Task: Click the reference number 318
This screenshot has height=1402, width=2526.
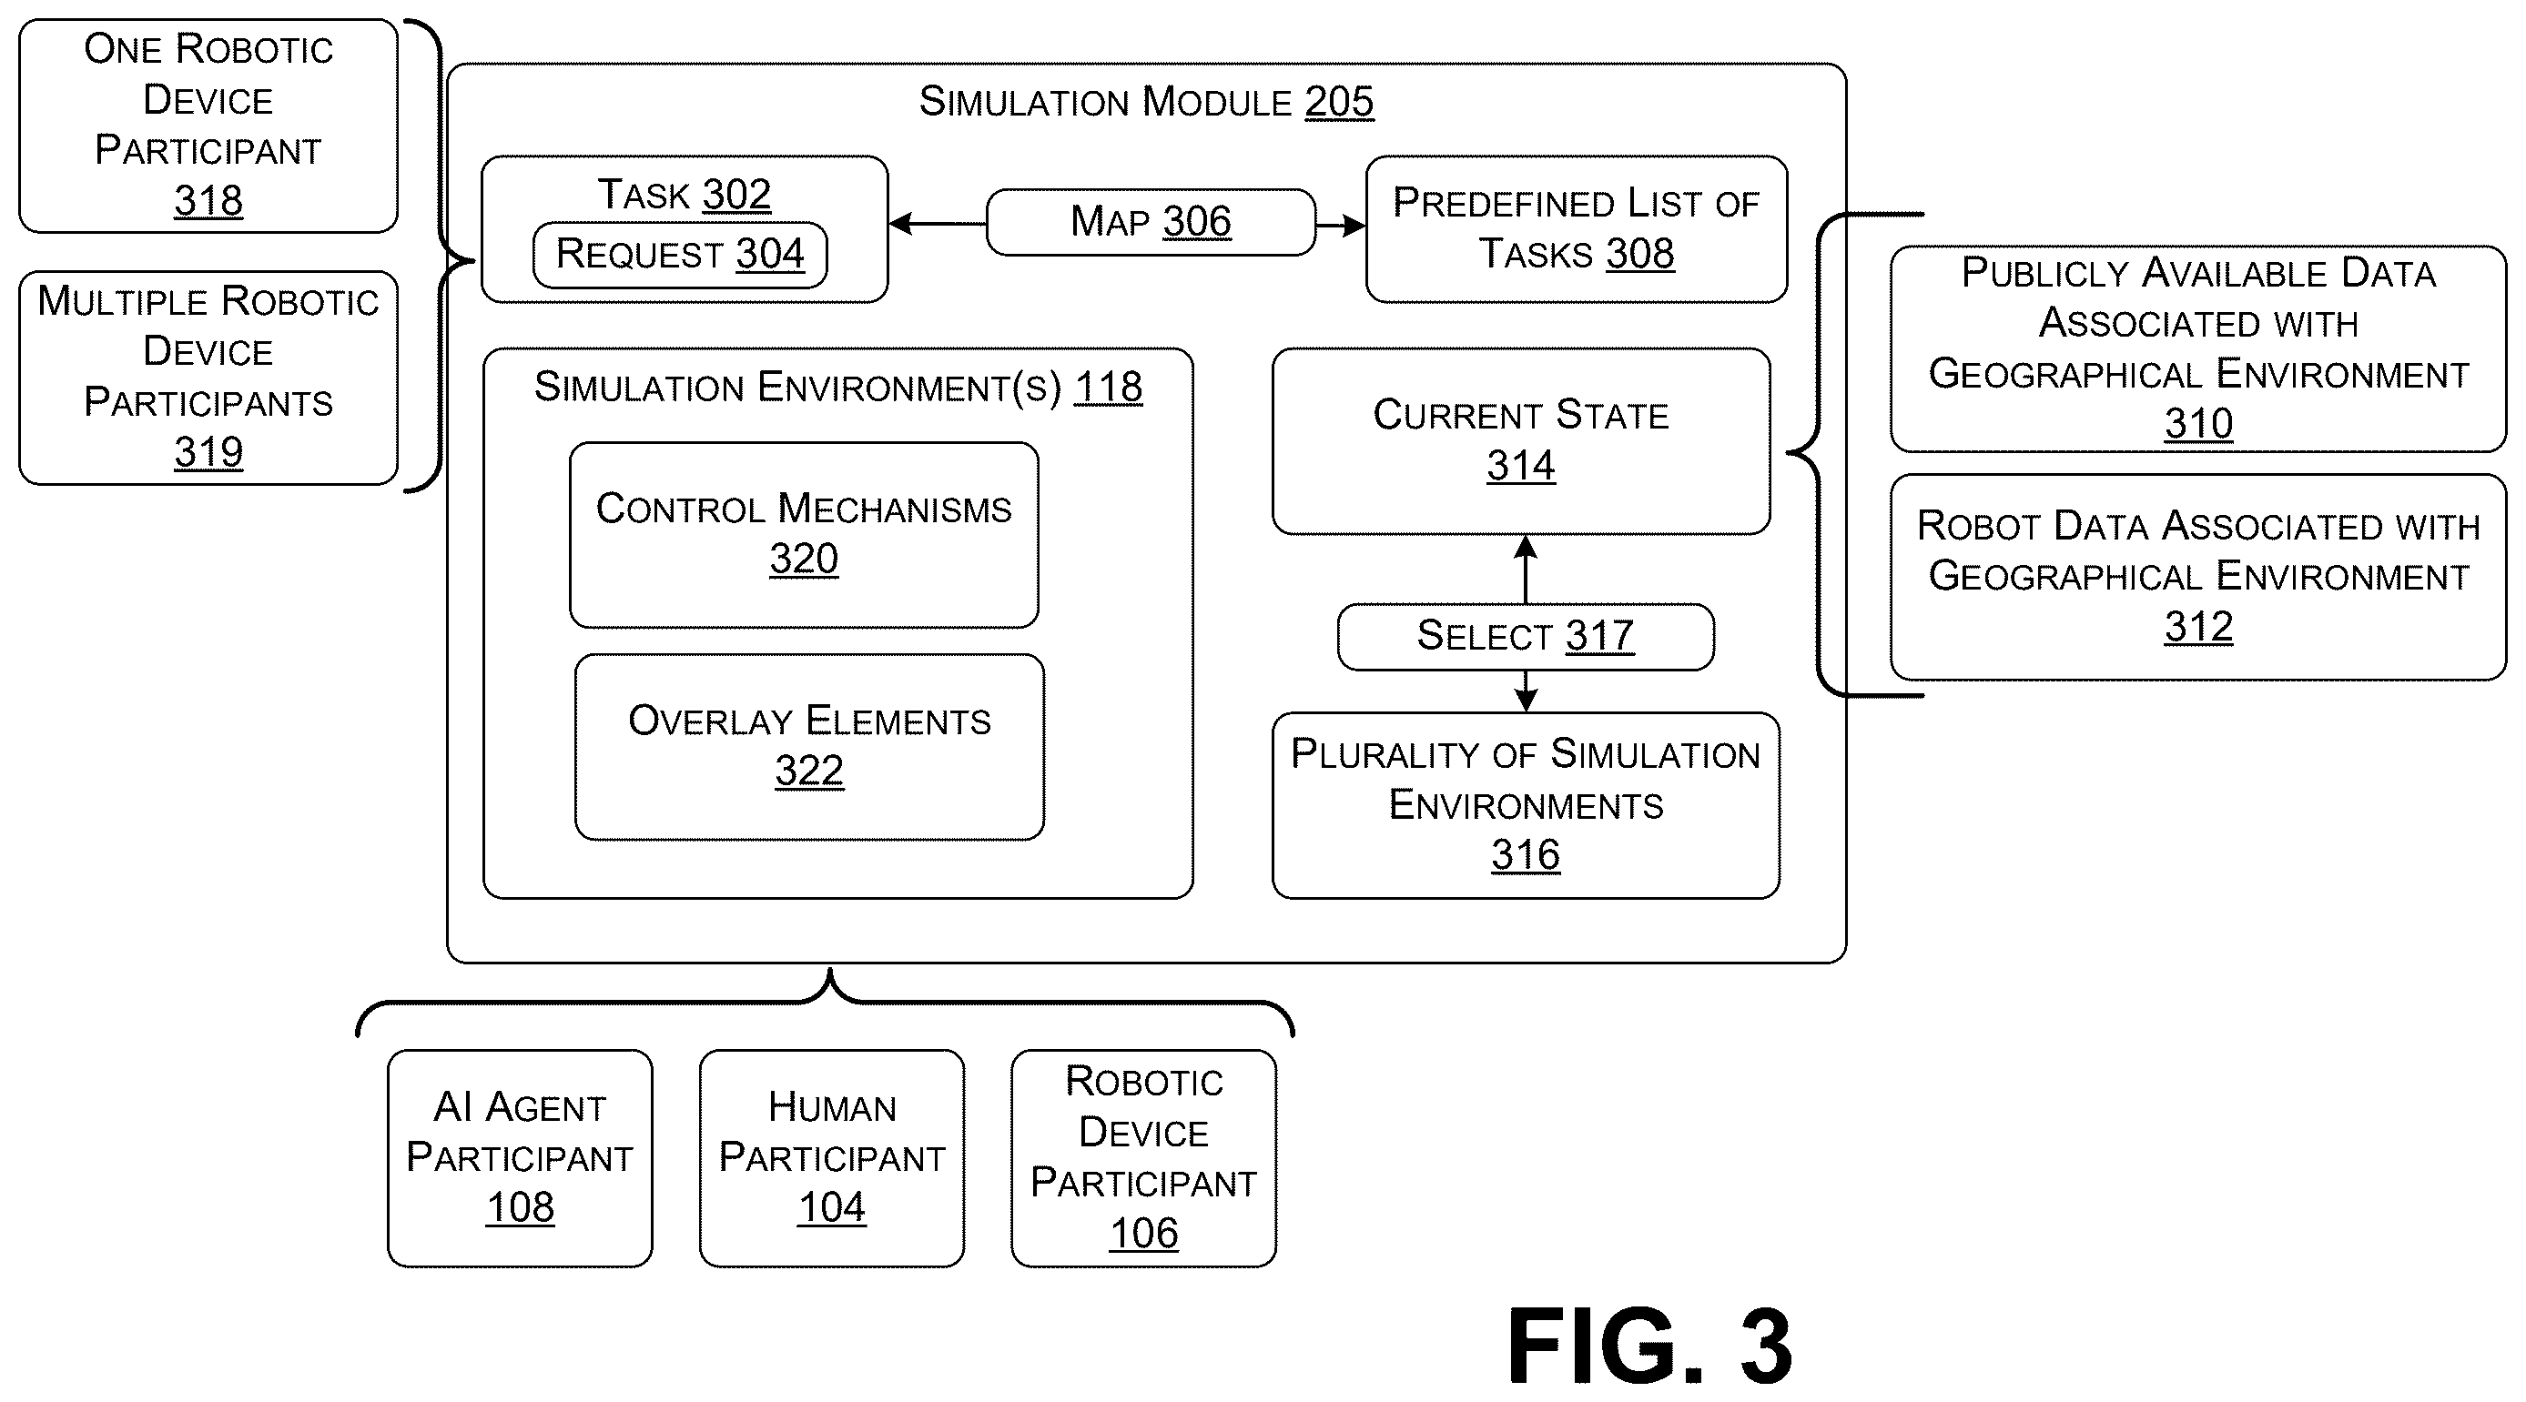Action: (x=208, y=201)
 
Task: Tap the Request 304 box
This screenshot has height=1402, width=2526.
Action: (x=680, y=255)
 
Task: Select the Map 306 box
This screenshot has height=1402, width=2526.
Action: (x=1151, y=223)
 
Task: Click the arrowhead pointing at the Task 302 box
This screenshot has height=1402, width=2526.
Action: (x=901, y=224)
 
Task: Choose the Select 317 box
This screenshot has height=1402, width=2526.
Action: (x=1525, y=636)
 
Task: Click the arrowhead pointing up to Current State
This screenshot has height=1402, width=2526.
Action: (x=1525, y=547)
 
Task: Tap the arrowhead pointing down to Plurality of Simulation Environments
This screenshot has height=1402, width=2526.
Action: (x=1525, y=700)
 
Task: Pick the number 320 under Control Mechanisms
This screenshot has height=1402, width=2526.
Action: (x=803, y=559)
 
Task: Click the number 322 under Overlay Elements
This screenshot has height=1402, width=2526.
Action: (x=809, y=771)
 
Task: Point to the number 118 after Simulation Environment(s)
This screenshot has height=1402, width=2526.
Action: (x=1108, y=388)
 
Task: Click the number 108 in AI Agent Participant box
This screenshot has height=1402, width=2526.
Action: (x=520, y=1208)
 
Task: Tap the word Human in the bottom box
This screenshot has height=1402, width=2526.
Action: (x=832, y=1108)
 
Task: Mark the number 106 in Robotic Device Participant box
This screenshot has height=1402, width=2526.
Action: (x=1143, y=1234)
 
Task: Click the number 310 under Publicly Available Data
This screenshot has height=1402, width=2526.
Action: (x=2198, y=425)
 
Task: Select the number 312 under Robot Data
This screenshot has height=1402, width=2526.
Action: (x=2198, y=628)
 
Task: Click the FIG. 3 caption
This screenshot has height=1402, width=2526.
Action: (x=1649, y=1347)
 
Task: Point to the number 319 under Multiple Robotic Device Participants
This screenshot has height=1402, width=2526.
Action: (x=208, y=453)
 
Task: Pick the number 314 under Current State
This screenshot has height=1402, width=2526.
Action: (x=1521, y=466)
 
